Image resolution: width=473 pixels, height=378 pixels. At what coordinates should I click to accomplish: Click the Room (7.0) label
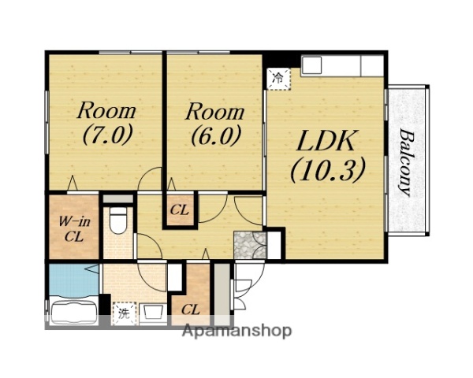point(106,123)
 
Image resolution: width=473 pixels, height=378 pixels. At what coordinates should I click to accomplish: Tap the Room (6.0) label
point(214,124)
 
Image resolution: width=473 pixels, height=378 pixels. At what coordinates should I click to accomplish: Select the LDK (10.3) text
point(328,156)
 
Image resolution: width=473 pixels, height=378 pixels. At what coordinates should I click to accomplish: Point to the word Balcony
point(406,162)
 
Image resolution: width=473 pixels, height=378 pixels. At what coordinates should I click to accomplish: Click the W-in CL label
point(74,230)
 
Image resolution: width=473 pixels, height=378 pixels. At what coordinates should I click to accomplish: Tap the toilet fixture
point(117,220)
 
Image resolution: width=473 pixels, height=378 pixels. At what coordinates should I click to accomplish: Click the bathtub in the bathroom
point(74,310)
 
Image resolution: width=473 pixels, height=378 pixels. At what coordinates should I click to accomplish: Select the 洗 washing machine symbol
point(124,313)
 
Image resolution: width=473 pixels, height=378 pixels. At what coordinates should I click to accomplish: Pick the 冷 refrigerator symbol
point(278,79)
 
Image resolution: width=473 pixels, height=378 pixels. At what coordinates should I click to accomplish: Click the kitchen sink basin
point(311,65)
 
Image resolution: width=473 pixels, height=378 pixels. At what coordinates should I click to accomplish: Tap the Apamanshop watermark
point(236,331)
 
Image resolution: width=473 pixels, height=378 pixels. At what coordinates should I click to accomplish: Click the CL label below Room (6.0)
point(180,210)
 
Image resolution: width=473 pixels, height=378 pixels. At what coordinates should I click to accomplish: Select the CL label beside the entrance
point(191,309)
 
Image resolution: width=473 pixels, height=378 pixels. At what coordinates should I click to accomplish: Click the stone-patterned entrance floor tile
point(250,245)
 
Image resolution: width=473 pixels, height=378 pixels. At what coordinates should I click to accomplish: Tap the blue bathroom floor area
point(74,280)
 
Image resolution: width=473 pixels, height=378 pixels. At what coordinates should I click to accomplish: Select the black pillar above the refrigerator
point(282,61)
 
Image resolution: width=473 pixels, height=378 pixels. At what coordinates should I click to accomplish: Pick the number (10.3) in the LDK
point(328,170)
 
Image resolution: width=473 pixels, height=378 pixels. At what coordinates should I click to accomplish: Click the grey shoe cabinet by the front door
point(222,290)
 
